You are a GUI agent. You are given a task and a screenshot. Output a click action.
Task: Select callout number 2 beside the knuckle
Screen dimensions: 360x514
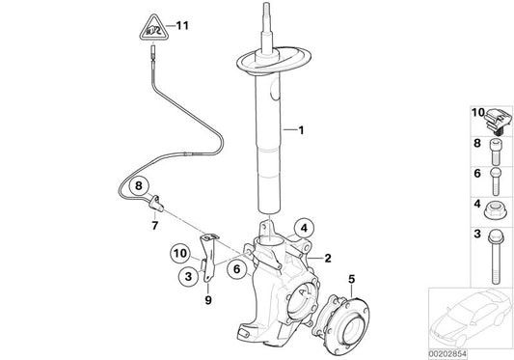point(328,259)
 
